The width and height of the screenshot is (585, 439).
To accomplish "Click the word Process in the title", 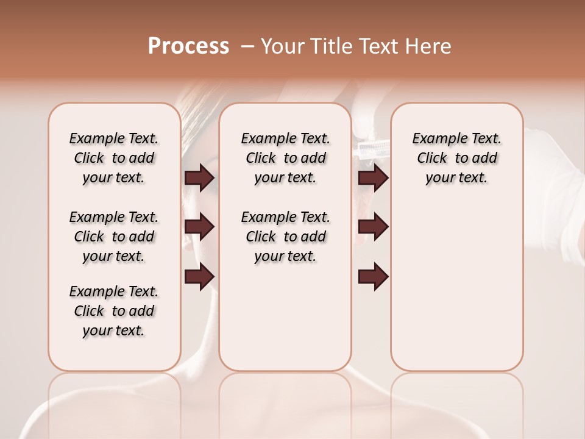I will pos(188,46).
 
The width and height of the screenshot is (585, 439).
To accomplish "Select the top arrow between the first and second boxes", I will pos(199,178).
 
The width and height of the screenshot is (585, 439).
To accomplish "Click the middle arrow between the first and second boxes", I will pos(199,227).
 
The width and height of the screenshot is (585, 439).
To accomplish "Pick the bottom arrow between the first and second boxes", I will pos(199,276).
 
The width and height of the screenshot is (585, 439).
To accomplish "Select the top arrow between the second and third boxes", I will pos(374,178).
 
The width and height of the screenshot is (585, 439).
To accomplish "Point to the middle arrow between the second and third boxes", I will pos(374,227).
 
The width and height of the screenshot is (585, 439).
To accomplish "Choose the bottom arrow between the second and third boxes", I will pos(374,276).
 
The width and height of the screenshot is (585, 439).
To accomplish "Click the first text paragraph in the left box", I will pos(114,158).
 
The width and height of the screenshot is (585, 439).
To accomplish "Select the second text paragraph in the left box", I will pos(114,237).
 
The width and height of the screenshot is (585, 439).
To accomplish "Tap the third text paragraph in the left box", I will pos(114,311).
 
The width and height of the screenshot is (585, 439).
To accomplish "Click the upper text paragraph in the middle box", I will pos(285,158).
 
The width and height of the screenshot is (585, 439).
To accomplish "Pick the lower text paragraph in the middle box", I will pos(285,237).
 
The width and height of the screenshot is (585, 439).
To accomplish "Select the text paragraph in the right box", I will pos(456,158).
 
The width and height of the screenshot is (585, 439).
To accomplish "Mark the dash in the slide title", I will pos(248,46).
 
